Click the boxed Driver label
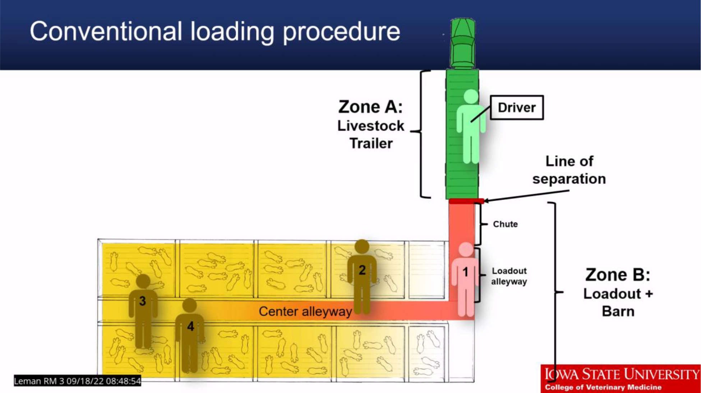click(516, 107)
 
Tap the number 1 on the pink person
click(466, 272)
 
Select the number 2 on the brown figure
click(362, 270)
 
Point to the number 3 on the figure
click(143, 301)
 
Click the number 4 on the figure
click(190, 326)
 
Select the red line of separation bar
click(466, 201)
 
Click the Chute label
click(505, 224)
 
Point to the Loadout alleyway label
click(509, 276)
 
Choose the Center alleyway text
click(305, 312)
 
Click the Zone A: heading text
click(370, 107)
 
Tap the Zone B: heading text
click(617, 275)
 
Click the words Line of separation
click(569, 170)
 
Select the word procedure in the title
click(341, 32)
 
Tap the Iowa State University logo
click(621, 378)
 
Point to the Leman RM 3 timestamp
click(77, 381)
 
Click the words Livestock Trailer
click(371, 135)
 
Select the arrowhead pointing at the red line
click(486, 201)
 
